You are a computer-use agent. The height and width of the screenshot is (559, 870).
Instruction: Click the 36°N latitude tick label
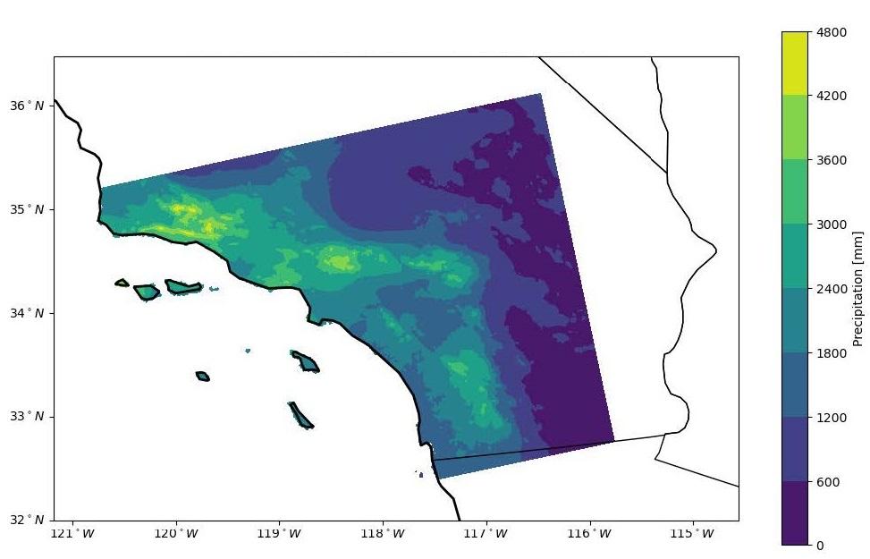pyautogui.click(x=27, y=106)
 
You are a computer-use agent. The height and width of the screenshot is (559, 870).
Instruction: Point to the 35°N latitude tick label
pyautogui.click(x=27, y=209)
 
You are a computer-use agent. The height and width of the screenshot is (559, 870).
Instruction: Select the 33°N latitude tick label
pyautogui.click(x=27, y=416)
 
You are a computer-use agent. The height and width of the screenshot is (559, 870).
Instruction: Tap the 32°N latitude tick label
pyautogui.click(x=27, y=519)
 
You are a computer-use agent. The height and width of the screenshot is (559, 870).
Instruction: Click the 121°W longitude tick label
pyautogui.click(x=73, y=534)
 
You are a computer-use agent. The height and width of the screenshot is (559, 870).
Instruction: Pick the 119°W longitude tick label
pyautogui.click(x=280, y=534)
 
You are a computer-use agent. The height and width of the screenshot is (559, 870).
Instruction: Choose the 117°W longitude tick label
pyautogui.click(x=486, y=534)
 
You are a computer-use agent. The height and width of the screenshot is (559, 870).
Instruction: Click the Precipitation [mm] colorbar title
pyautogui.click(x=857, y=288)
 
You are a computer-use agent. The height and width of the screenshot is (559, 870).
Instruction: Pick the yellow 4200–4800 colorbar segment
pyautogui.click(x=795, y=63)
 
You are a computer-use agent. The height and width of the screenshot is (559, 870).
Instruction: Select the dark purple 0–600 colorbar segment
pyautogui.click(x=795, y=513)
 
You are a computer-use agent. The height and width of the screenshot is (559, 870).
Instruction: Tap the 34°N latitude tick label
pyautogui.click(x=27, y=312)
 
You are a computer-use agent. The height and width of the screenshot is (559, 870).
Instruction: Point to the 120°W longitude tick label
pyautogui.click(x=176, y=534)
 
